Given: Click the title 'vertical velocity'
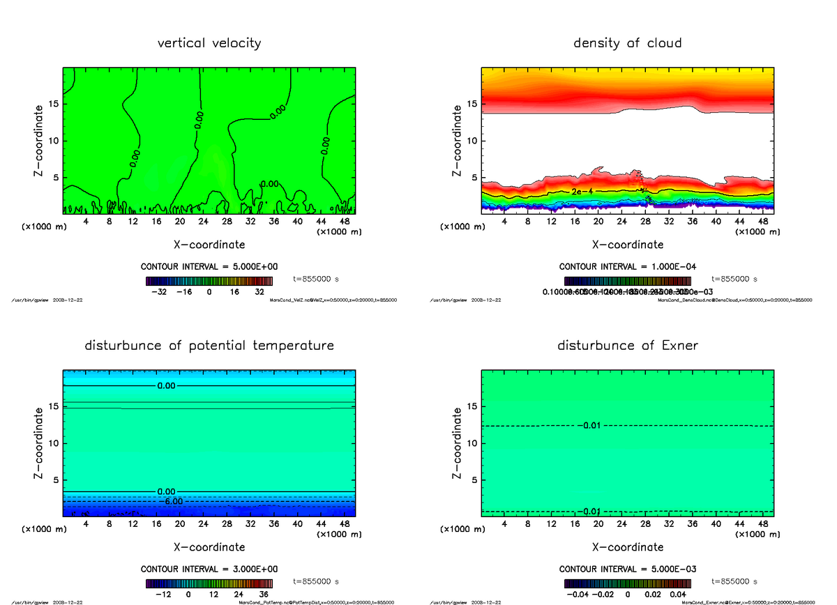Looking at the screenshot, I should (209, 43).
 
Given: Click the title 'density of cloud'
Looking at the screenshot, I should (627, 43).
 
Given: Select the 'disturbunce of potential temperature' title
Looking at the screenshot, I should (209, 346).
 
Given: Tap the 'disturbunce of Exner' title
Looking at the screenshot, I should (627, 346).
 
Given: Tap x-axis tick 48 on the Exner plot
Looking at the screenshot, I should (764, 524).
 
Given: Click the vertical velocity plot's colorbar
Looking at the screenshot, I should (209, 281).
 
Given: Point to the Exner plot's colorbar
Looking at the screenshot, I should (627, 583).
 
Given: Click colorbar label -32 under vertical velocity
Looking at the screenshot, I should (163, 292).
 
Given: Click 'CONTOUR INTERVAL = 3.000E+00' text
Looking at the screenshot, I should (209, 569).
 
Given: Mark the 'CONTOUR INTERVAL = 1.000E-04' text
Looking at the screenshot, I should (628, 266).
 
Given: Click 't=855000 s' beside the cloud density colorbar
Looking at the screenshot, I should (734, 279).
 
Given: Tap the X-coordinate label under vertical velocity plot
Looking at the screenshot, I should (209, 245).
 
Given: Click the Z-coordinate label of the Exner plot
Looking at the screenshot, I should (457, 444).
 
